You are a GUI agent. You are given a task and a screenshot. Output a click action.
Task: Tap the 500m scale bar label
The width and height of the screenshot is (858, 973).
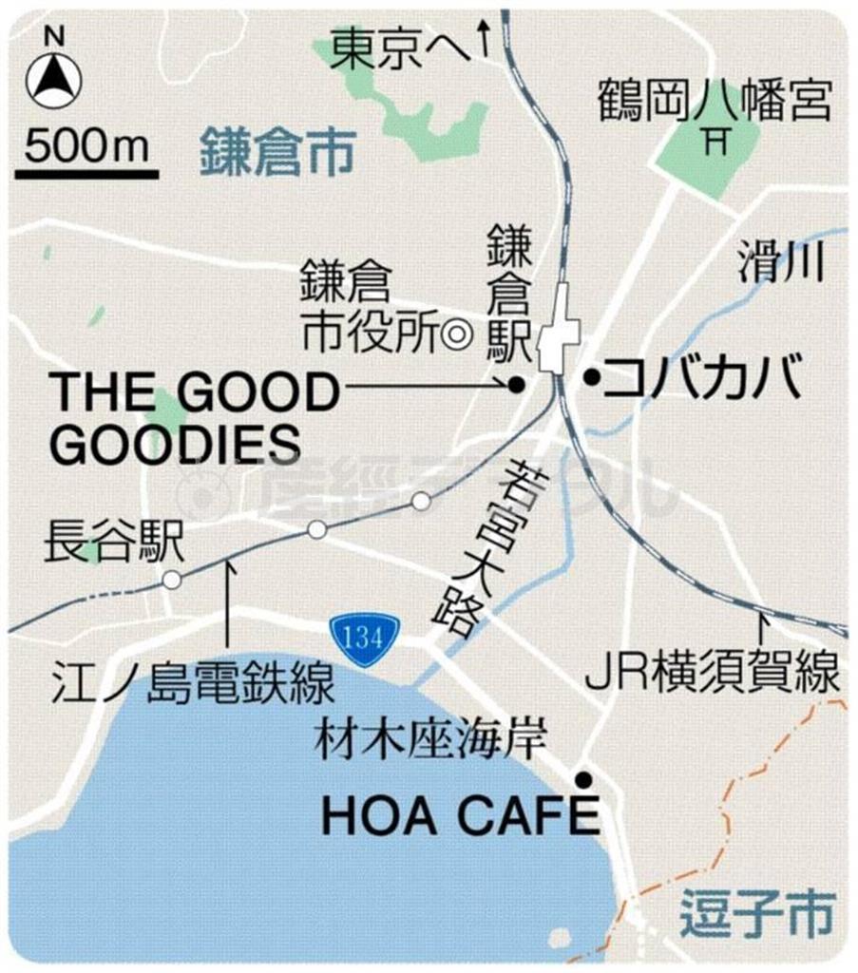click(x=86, y=146)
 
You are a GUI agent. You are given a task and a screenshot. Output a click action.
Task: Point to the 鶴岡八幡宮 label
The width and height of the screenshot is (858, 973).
click(x=715, y=100)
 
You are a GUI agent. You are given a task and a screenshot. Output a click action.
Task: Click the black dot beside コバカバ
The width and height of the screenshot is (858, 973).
click(x=590, y=379)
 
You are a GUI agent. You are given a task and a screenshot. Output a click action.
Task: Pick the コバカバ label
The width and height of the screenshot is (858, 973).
click(x=702, y=378)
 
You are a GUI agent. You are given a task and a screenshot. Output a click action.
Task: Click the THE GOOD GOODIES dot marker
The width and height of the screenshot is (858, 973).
click(x=516, y=385)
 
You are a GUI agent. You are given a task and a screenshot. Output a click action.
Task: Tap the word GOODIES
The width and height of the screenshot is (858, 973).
click(x=175, y=443)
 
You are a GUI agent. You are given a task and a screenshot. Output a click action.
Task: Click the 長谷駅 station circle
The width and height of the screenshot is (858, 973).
click(x=172, y=580)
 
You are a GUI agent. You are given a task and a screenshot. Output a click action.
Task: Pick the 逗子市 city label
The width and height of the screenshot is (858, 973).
click(x=756, y=916)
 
